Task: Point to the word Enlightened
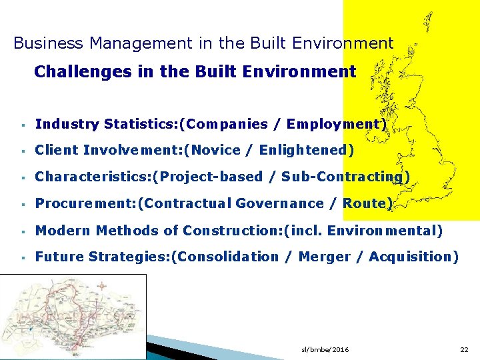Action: (303, 151)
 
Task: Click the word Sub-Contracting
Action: (342, 177)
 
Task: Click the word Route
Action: (365, 203)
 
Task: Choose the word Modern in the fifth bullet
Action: (63, 231)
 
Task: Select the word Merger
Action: (324, 257)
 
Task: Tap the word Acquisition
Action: (411, 257)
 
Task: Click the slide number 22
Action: (464, 350)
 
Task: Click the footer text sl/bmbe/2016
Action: (325, 350)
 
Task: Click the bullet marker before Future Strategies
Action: (23, 257)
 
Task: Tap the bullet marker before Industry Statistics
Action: (23, 125)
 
